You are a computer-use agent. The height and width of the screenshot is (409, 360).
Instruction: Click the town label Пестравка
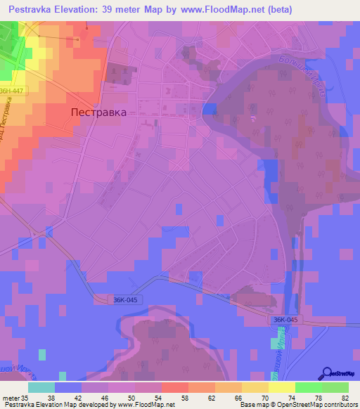[x=99, y=112]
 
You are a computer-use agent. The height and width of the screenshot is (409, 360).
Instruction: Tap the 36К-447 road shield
[x=12, y=91]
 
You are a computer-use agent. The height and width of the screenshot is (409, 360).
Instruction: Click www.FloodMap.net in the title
[x=218, y=9]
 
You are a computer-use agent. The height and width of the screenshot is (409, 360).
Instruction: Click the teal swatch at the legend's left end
[x=41, y=387]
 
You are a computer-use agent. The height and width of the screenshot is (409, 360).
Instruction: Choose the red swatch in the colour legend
[x=175, y=387]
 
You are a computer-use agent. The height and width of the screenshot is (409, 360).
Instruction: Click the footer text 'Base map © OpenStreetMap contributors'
[x=297, y=404]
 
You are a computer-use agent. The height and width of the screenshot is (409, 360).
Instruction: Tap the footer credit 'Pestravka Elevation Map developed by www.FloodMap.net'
[x=88, y=404]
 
